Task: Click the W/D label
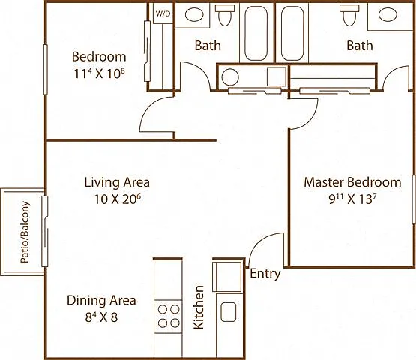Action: (163, 13)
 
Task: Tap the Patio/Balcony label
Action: (25, 232)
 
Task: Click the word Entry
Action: (265, 274)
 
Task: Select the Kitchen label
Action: (199, 307)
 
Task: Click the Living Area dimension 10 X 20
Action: (117, 199)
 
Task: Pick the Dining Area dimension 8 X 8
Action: (101, 317)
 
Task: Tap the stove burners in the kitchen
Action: (169, 316)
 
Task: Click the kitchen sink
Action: (229, 312)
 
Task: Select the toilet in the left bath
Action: (225, 15)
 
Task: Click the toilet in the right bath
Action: (349, 15)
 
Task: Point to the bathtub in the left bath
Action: (256, 34)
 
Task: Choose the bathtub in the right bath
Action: (292, 34)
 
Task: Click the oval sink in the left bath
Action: (194, 14)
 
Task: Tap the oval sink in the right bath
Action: (388, 14)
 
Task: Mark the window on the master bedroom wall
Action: (414, 199)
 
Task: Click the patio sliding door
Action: (45, 231)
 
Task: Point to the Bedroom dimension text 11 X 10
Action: (99, 73)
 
